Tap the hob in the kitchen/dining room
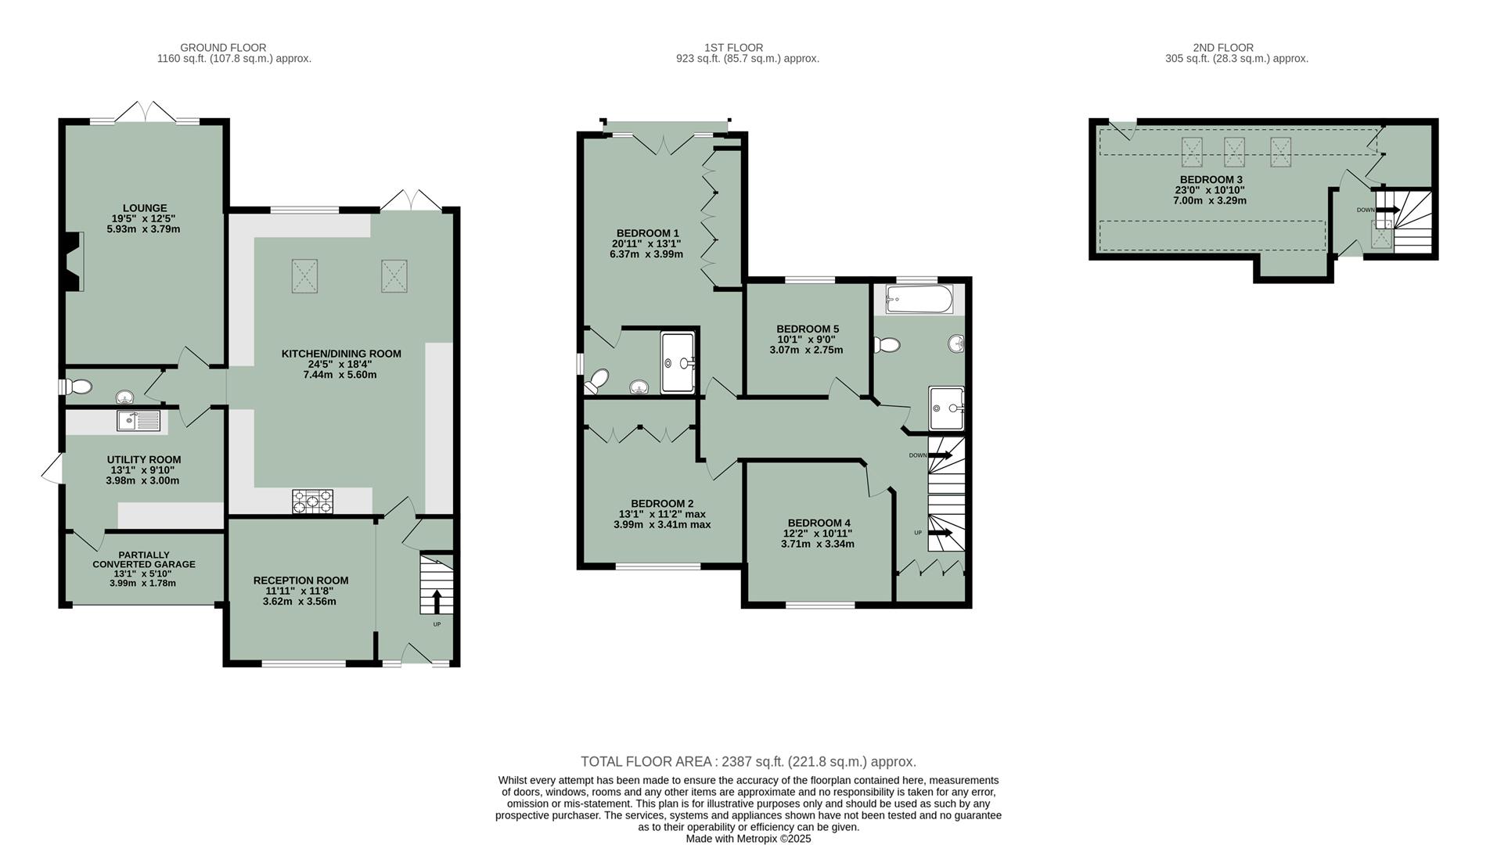(312, 501)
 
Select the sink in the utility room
(139, 421)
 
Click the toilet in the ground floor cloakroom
(78, 387)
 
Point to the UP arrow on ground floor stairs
(437, 602)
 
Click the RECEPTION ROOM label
(300, 581)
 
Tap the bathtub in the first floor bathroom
(919, 299)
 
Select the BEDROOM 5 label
(807, 329)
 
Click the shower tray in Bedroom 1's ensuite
(677, 362)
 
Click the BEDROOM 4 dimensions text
(818, 539)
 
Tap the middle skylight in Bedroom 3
(1234, 151)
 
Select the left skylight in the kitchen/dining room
(305, 276)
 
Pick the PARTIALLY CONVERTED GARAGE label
(144, 559)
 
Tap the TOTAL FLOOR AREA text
(747, 761)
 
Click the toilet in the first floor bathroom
(887, 344)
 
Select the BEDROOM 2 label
(662, 504)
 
